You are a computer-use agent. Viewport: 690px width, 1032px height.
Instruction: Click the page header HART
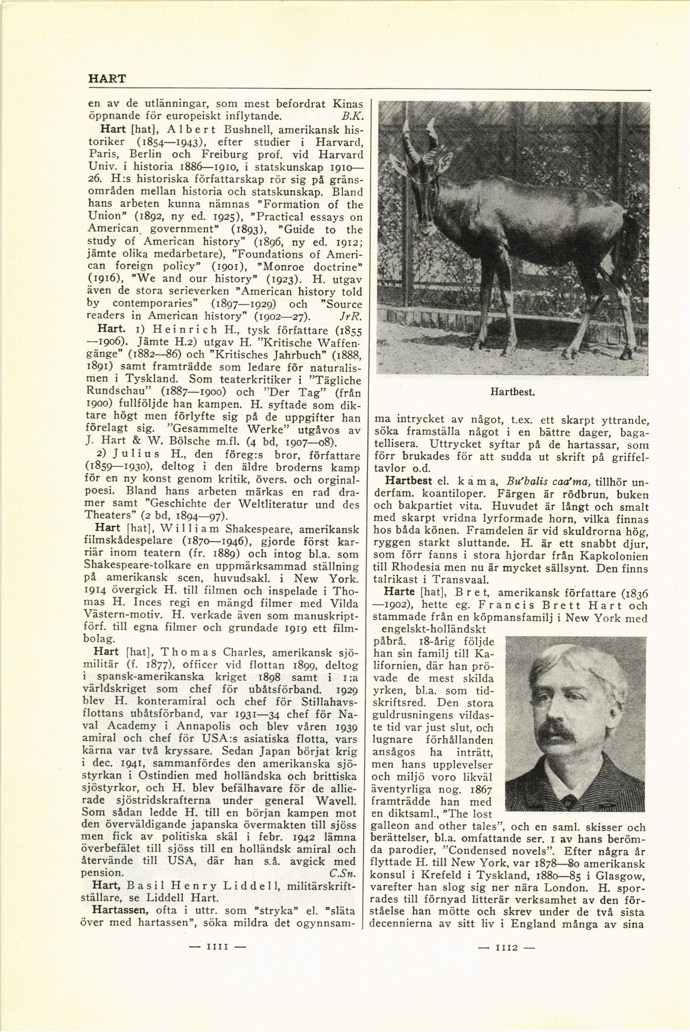click(107, 78)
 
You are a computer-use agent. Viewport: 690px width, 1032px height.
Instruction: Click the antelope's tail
click(633, 247)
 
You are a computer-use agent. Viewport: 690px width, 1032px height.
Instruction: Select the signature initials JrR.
click(349, 316)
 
